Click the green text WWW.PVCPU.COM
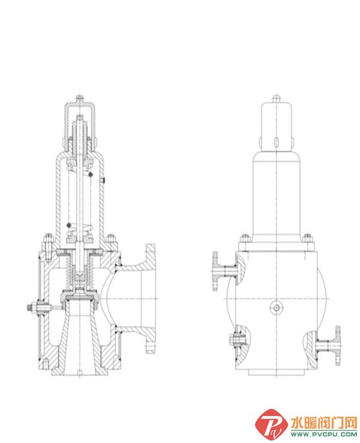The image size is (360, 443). pos(324,434)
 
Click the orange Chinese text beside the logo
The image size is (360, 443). pos(324,423)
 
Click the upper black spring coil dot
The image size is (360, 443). pos(91,174)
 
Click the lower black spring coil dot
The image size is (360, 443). pos(69,225)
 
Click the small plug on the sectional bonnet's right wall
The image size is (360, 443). pos(103,180)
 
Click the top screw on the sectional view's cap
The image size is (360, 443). pos(80,99)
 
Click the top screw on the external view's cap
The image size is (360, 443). pos(277,99)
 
